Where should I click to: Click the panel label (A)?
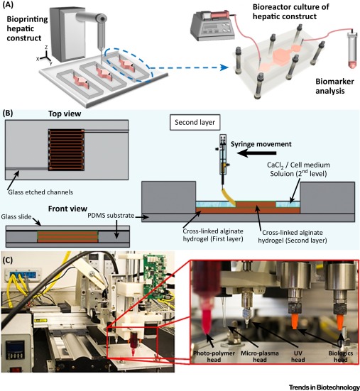pyautogui.click(x=9, y=5)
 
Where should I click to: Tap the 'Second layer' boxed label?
pyautogui.click(x=195, y=122)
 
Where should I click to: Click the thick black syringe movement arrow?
pyautogui.click(x=256, y=153)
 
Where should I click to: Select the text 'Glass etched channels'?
pyautogui.click(x=40, y=192)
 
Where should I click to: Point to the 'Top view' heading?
pyautogui.click(x=65, y=114)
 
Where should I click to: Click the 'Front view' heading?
pyautogui.click(x=67, y=209)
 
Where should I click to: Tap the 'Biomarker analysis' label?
pyautogui.click(x=334, y=86)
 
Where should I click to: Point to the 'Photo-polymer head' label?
pyautogui.click(x=214, y=356)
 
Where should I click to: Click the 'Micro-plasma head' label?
pyautogui.click(x=259, y=356)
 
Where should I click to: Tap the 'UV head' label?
pyautogui.click(x=298, y=356)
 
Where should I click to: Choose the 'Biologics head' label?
pyautogui.click(x=341, y=356)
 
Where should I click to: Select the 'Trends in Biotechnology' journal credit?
pyautogui.click(x=324, y=387)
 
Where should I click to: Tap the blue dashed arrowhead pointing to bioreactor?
pyautogui.click(x=224, y=67)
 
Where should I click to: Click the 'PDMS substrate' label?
pyautogui.click(x=111, y=215)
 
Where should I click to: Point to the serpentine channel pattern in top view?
pyautogui.click(x=66, y=150)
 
